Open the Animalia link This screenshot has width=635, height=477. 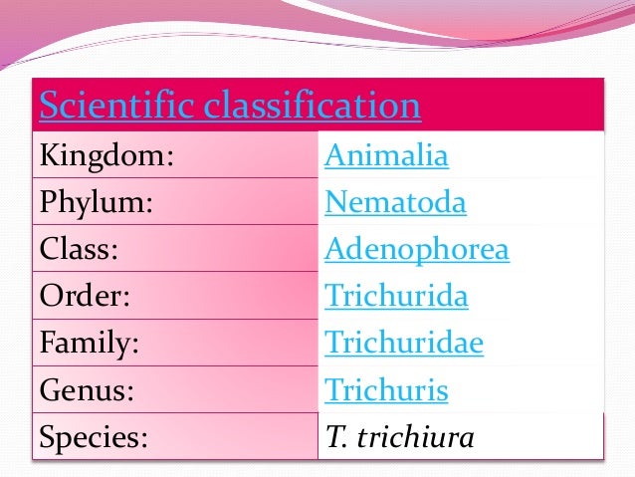point(387,157)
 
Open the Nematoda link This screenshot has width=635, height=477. point(395,204)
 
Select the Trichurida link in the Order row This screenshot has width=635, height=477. point(396,297)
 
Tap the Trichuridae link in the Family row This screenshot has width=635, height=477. point(404,344)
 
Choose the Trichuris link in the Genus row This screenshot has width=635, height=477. point(386,390)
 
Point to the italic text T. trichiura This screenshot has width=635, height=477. point(399,437)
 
